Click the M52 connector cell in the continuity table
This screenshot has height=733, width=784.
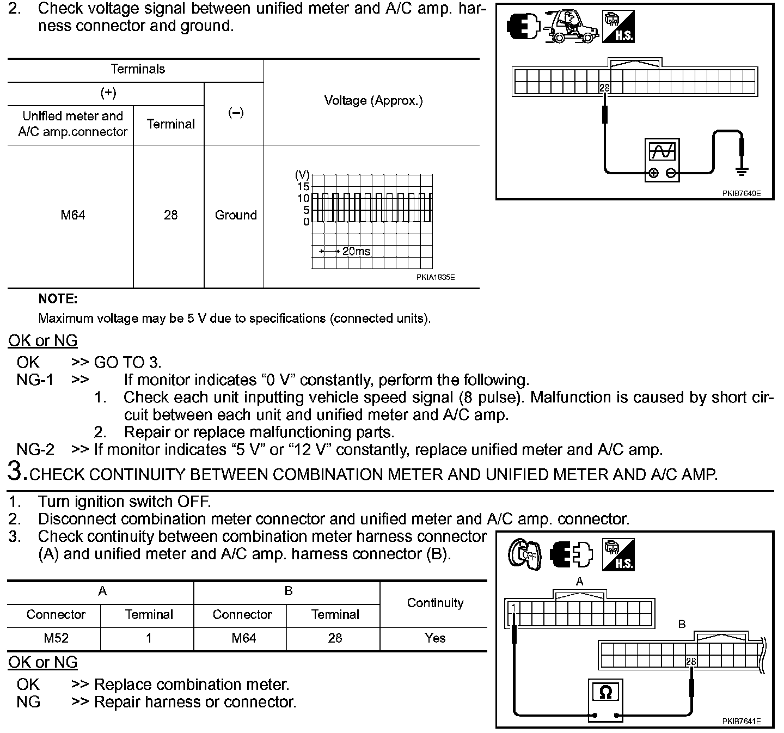point(56,638)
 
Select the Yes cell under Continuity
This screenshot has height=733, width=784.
point(434,638)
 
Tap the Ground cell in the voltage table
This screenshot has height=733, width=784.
point(235,215)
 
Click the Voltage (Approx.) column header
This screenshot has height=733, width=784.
point(373,101)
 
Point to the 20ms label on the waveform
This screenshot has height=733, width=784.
point(356,251)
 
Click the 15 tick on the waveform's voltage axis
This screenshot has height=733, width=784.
point(303,187)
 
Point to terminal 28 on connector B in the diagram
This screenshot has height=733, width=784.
point(691,662)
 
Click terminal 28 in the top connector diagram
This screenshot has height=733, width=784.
point(604,88)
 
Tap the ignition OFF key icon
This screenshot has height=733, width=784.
point(524,554)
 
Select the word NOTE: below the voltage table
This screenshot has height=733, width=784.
point(58,298)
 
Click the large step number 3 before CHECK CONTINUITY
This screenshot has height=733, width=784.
point(17,471)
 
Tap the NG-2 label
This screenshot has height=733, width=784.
point(35,450)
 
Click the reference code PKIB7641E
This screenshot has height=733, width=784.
point(741,721)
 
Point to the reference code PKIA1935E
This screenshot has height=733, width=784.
point(436,277)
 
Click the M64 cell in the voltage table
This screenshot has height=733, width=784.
point(72,215)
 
